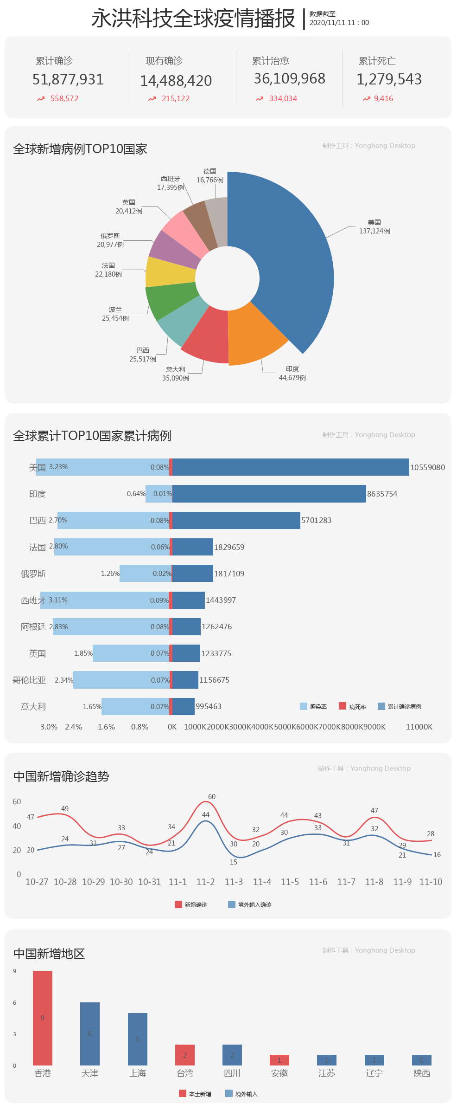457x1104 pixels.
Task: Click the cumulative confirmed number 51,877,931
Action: point(68,80)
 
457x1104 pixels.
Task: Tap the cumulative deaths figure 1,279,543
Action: point(389,79)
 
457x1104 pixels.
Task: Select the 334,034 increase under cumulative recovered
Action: point(283,98)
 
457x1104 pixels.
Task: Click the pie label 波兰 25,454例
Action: point(115,314)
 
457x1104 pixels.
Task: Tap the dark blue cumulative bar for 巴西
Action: point(236,520)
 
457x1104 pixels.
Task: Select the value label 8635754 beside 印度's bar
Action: point(382,494)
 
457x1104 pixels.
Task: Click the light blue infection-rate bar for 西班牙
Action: point(104,600)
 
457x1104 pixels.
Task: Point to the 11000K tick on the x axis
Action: point(419,727)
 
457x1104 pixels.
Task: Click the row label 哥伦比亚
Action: point(29,680)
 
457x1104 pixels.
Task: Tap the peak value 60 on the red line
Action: point(212,796)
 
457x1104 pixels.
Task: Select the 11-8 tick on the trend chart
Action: point(374,882)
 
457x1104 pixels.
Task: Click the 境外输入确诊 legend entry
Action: point(250,904)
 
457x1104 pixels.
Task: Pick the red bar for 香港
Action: point(43,1018)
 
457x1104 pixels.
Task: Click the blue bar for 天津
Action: point(90,1033)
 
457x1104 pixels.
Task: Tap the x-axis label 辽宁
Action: point(374,1073)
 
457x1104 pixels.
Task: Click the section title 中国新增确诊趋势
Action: point(61,776)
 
